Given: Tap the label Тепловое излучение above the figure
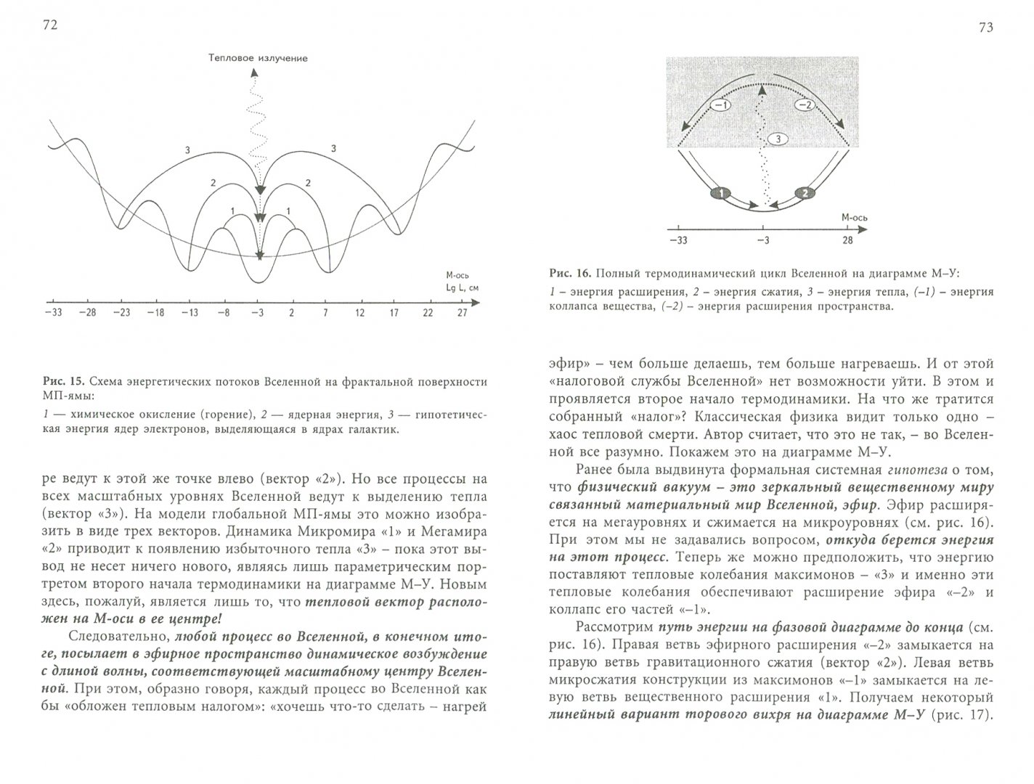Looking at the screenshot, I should click(257, 58).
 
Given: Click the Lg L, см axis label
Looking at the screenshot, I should click(463, 287).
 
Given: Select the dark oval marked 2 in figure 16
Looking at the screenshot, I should click(803, 193).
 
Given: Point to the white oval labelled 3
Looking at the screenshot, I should click(776, 138).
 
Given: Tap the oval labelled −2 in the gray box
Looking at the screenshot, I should click(802, 105).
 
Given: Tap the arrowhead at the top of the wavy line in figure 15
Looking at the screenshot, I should click(254, 72).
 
